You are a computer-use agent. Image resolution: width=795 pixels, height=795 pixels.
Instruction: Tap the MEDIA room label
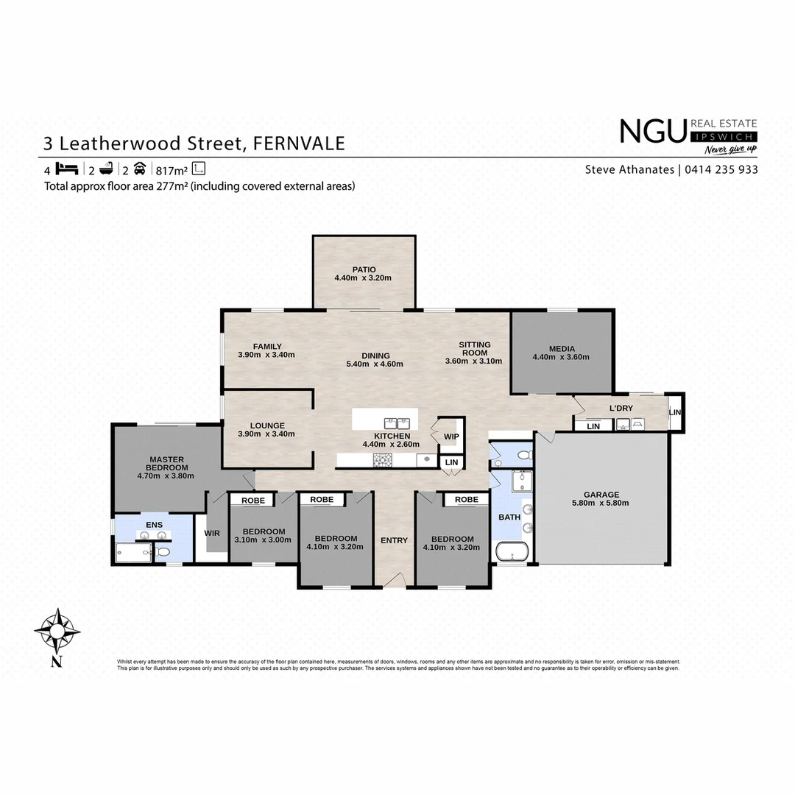[x=561, y=349]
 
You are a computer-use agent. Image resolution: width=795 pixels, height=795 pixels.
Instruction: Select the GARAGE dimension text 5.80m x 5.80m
[x=601, y=504]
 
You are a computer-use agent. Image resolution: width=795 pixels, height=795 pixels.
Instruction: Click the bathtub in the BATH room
[x=512, y=552]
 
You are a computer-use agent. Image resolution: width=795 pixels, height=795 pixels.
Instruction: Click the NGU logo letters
[x=653, y=132]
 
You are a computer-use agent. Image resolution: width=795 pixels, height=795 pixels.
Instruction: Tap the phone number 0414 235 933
[x=721, y=169]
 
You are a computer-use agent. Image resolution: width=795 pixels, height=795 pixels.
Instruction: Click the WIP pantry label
[x=451, y=437]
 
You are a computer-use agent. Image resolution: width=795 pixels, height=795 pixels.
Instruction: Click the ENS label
[x=154, y=524]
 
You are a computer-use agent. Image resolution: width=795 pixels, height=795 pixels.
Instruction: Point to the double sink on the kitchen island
[x=397, y=423]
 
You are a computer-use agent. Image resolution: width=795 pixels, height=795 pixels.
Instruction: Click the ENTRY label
[x=394, y=540]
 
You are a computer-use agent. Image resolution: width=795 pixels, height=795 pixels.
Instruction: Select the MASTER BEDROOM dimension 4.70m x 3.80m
[x=166, y=476]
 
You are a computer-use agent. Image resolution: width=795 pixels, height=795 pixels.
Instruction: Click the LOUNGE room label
[x=266, y=425]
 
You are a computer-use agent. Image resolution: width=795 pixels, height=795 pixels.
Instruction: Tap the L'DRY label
[x=621, y=409]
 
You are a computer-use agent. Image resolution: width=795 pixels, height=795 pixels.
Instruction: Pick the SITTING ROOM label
[x=474, y=348]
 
